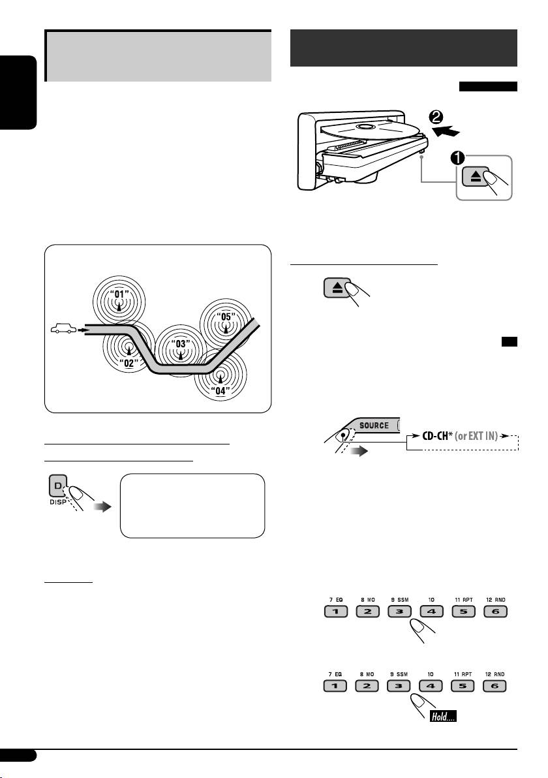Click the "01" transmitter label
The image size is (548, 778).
[x=119, y=294]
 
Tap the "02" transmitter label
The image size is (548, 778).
[x=129, y=364]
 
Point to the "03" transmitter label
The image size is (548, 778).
[x=181, y=343]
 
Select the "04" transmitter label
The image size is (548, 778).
[x=221, y=391]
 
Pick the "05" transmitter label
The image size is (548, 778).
[x=226, y=317]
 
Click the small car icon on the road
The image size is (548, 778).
[x=63, y=328]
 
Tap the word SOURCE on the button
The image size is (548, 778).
[x=374, y=425]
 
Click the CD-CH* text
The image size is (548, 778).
[x=437, y=436]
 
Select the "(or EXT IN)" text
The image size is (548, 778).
[x=477, y=436]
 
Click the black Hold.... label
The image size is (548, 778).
[x=443, y=716]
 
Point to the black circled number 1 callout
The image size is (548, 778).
[x=457, y=158]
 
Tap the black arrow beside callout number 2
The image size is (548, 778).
[x=446, y=131]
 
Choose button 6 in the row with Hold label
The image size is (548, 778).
[x=495, y=686]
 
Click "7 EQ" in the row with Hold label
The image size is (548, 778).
[x=335, y=674]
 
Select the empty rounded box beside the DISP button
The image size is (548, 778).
[x=192, y=506]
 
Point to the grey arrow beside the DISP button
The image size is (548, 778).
[x=102, y=506]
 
